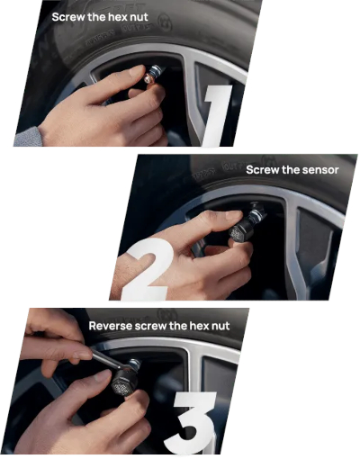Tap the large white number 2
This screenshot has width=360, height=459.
(x=148, y=268)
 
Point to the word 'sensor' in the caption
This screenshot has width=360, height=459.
(x=320, y=170)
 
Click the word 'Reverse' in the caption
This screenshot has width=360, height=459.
(x=110, y=326)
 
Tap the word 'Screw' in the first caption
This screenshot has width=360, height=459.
(x=67, y=17)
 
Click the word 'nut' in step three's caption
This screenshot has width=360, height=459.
(x=220, y=326)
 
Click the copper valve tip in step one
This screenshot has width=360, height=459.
(x=148, y=79)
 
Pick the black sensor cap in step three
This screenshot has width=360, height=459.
(x=123, y=382)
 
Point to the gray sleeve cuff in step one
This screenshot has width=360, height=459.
(x=28, y=138)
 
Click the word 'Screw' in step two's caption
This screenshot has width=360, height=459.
(x=263, y=170)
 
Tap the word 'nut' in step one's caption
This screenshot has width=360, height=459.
(x=139, y=17)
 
